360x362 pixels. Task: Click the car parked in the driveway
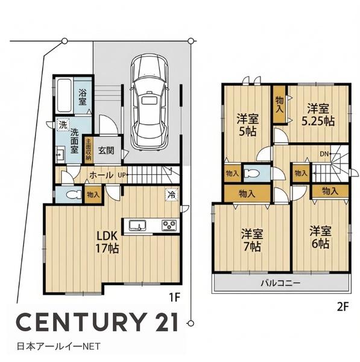pyautogui.click(x=150, y=102)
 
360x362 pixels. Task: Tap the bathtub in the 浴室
pyautogui.click(x=64, y=95)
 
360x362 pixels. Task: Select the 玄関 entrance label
pyautogui.click(x=106, y=150)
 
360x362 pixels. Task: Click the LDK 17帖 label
pyautogui.click(x=107, y=242)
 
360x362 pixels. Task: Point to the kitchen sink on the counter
pyautogui.click(x=137, y=225)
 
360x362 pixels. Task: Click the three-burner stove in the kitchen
pyautogui.click(x=169, y=225)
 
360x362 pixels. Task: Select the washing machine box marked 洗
pyautogui.click(x=63, y=125)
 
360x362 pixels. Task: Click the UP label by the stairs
pyautogui.click(x=122, y=175)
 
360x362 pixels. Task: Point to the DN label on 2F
pyautogui.click(x=324, y=154)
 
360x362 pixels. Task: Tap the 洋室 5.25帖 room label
pyautogui.click(x=318, y=115)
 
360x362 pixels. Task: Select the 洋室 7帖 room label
pyautogui.click(x=252, y=240)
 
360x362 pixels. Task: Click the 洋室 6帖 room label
pyautogui.click(x=321, y=237)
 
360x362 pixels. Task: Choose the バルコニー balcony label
pyautogui.click(x=281, y=283)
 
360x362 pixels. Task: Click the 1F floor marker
pyautogui.click(x=174, y=297)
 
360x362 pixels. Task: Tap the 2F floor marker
pyautogui.click(x=343, y=307)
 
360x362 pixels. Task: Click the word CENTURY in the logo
pyautogui.click(x=82, y=322)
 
